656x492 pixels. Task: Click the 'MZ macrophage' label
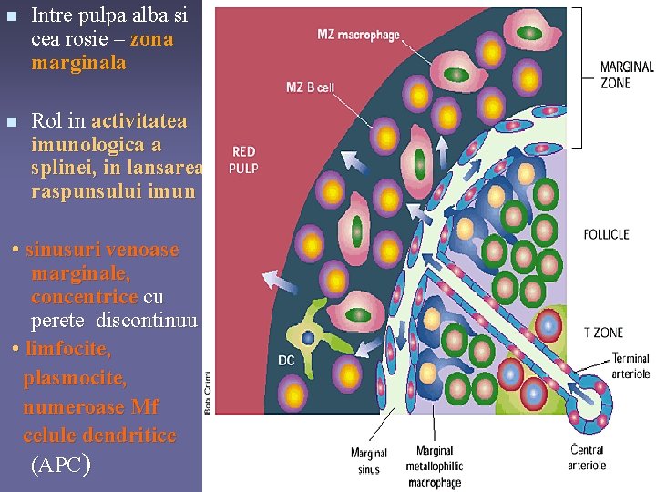click(358, 36)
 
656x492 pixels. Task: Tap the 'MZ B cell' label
click(311, 87)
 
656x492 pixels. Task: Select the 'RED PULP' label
click(244, 159)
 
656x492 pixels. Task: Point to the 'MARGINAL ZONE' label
click(626, 73)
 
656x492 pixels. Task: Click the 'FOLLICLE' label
click(606, 234)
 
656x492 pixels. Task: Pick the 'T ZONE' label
click(602, 333)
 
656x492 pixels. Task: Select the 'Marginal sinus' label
click(369, 459)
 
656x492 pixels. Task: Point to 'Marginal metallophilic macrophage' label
click(435, 466)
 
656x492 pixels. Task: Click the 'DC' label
click(286, 361)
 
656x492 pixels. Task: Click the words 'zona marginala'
click(102, 52)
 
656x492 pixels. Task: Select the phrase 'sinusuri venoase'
click(102, 250)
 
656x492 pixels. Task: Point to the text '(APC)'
click(60, 465)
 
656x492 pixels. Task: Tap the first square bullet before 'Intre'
click(10, 16)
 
